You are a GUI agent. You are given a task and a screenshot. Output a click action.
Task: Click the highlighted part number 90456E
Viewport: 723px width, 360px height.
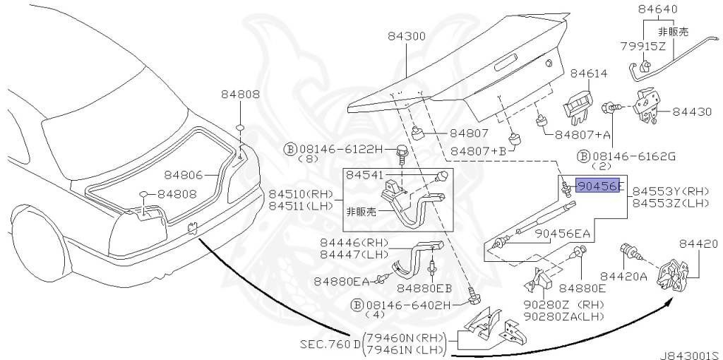[599, 186]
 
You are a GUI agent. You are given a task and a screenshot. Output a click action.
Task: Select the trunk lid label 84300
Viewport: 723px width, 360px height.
[406, 36]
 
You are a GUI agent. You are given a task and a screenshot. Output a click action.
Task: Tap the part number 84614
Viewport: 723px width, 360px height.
[589, 73]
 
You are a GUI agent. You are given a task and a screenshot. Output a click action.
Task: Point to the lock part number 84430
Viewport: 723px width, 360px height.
[692, 112]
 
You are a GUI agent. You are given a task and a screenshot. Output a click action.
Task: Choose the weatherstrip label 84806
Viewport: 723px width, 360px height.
[184, 175]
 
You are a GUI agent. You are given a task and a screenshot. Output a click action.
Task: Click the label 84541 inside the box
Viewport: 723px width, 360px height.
[364, 175]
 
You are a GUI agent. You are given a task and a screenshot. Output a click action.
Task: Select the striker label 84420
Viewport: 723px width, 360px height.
[697, 244]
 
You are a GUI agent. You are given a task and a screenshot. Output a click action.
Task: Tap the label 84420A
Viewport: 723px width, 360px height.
[623, 276]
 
